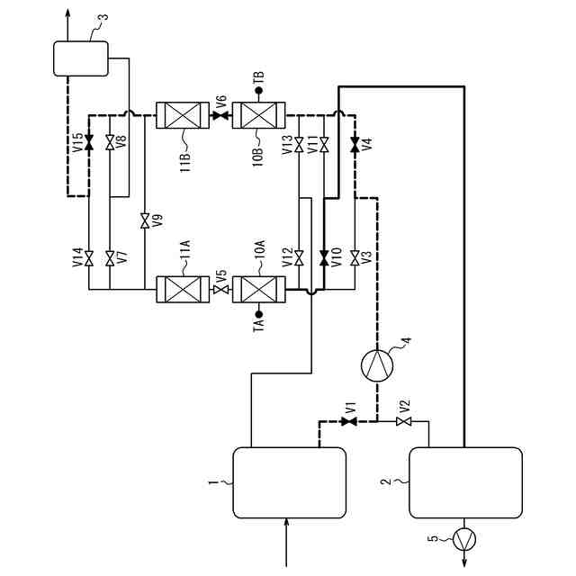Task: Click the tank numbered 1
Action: tap(290, 482)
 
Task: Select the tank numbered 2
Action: tap(465, 482)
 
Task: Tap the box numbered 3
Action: tap(80, 58)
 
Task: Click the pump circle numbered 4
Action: tap(376, 364)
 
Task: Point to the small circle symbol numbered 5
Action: tap(464, 540)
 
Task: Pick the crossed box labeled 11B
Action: tap(183, 115)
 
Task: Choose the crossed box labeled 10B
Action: tap(258, 115)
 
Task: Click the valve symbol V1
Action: tap(349, 421)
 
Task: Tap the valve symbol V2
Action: tap(402, 421)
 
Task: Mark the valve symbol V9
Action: tap(144, 219)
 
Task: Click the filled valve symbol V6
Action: tap(220, 115)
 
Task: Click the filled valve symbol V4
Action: tap(355, 144)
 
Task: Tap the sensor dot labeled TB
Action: tap(259, 89)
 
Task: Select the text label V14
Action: tap(76, 259)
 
